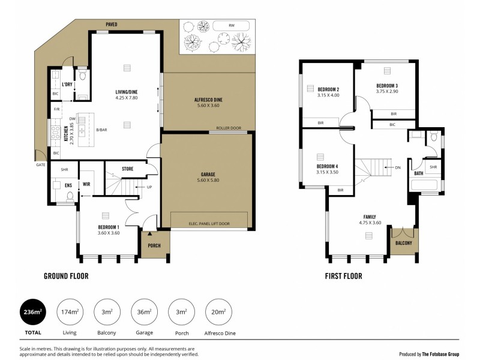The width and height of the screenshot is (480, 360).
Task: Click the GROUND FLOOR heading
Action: pyautogui.click(x=66, y=277)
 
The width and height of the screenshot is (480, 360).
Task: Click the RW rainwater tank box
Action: pyautogui.click(x=231, y=26)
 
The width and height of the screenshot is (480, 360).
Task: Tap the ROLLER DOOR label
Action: pyautogui.click(x=229, y=128)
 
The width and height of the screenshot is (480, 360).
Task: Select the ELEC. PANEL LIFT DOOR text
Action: pyautogui.click(x=209, y=224)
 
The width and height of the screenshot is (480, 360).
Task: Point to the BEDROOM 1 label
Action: pyautogui.click(x=109, y=227)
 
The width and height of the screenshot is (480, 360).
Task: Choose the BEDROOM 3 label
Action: pyautogui.click(x=387, y=86)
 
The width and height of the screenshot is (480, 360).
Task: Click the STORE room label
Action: pyautogui.click(x=127, y=169)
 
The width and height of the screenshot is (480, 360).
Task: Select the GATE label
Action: pyautogui.click(x=41, y=164)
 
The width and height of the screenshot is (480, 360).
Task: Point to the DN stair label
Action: pyautogui.click(x=397, y=167)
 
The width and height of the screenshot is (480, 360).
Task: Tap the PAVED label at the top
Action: pyautogui.click(x=112, y=25)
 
